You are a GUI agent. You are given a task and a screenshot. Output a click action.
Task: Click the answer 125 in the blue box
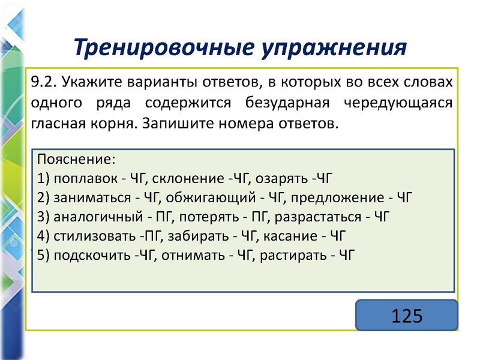[407, 315]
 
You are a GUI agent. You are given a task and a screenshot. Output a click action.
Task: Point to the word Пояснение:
[75, 160]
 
